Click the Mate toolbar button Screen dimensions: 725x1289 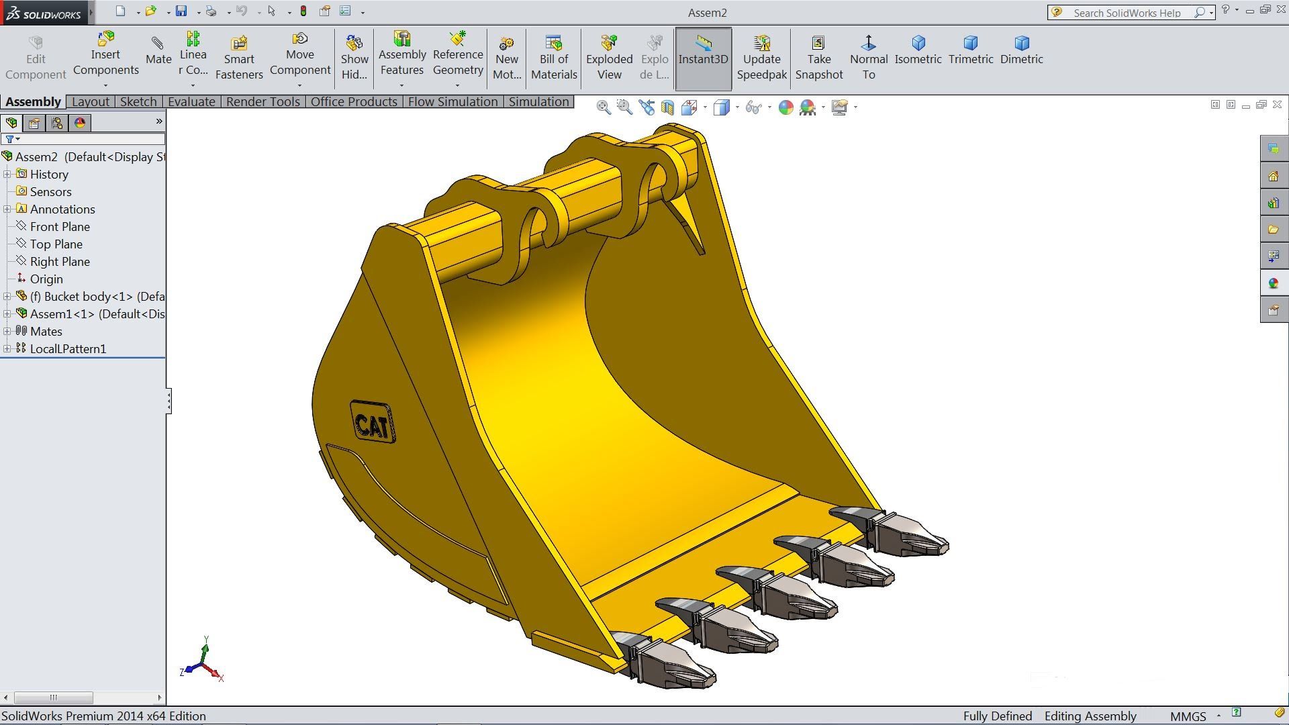point(158,51)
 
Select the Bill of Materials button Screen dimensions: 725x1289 point(554,58)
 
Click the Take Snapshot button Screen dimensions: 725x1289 point(818,58)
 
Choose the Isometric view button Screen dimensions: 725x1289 point(918,50)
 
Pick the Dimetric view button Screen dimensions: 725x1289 point(1021,50)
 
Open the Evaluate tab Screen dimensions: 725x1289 point(191,101)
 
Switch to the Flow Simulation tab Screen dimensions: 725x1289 point(452,101)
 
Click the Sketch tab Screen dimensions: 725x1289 point(138,101)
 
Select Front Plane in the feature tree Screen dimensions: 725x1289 point(60,227)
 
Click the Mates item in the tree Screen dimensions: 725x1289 point(46,332)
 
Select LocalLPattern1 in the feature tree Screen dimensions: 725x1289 point(68,349)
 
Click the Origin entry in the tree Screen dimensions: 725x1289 point(46,279)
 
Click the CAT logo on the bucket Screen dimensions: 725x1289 point(373,423)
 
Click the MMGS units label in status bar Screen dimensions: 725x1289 point(1188,716)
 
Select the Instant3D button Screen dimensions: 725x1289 point(703,58)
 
